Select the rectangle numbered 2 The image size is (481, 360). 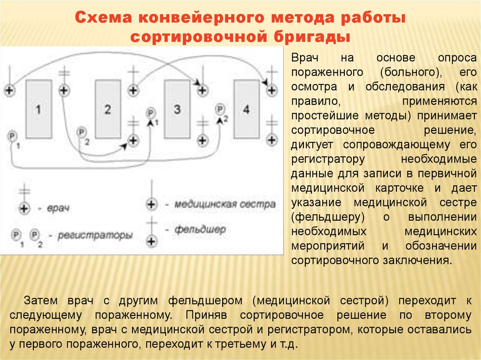click(108, 109)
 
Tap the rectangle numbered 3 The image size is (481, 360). click(177, 109)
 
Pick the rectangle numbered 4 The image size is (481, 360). click(247, 109)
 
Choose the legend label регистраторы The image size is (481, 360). click(94, 235)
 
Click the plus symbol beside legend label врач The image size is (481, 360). click(23, 207)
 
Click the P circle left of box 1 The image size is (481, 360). click(12, 137)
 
